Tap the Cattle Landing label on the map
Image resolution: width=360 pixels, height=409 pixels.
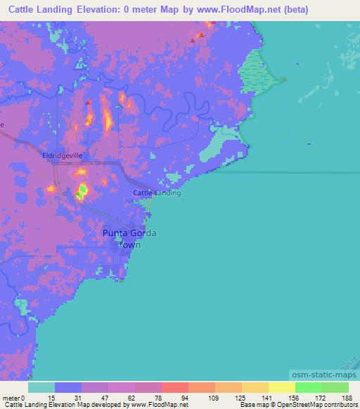(157, 193)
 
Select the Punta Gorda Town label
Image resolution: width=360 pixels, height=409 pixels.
(129, 239)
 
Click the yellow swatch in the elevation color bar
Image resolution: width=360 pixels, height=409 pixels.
(281, 387)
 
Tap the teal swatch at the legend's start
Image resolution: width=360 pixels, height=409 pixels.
(41, 387)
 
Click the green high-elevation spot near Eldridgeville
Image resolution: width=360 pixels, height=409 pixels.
(82, 190)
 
